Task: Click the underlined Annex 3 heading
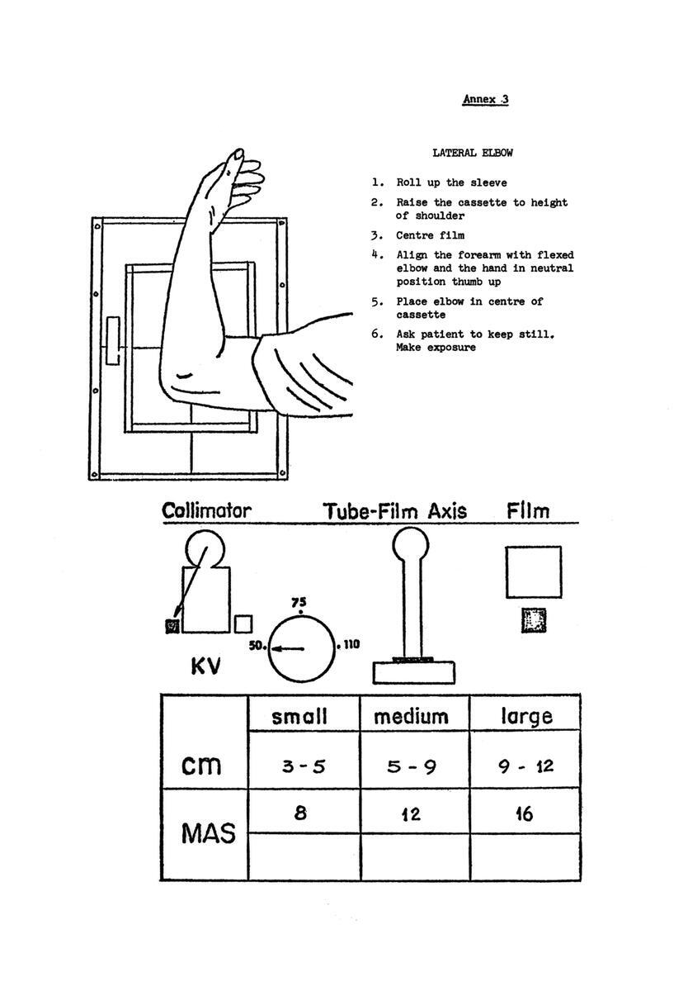(486, 99)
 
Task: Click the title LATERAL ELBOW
(473, 153)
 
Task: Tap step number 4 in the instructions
(375, 255)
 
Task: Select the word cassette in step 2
(482, 202)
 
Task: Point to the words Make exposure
(436, 348)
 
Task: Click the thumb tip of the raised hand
(238, 154)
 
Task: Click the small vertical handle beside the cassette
(113, 340)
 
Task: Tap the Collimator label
(207, 511)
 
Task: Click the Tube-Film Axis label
(395, 511)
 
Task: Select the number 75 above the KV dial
(299, 603)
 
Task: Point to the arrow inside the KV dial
(288, 649)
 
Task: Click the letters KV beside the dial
(205, 666)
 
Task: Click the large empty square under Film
(534, 572)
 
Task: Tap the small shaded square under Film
(534, 620)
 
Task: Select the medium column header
(411, 717)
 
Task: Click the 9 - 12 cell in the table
(525, 766)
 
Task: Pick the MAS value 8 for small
(300, 813)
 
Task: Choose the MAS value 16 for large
(525, 814)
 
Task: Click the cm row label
(201, 765)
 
